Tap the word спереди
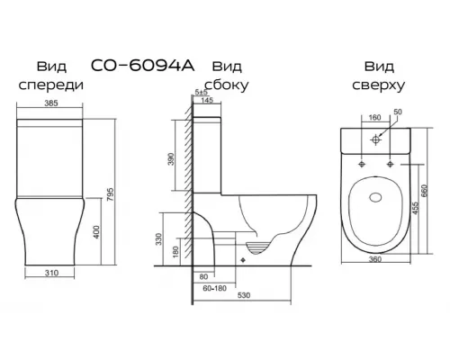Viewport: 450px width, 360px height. [51, 85]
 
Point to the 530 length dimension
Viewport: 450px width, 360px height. [243, 294]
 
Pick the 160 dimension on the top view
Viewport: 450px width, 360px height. [373, 118]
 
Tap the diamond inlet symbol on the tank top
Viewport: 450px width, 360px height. [376, 139]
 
